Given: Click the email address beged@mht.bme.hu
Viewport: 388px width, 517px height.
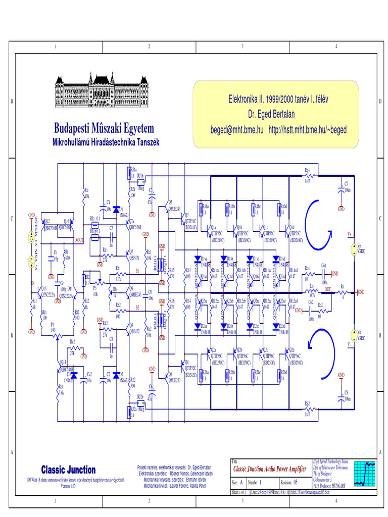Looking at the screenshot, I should [236, 130].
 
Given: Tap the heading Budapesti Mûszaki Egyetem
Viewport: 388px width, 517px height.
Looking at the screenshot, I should [104, 128].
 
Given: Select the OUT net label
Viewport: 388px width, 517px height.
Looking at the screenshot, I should [328, 289].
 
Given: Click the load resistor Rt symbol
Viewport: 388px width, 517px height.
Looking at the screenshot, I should [344, 292].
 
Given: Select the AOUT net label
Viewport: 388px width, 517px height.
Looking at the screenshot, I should [79, 242].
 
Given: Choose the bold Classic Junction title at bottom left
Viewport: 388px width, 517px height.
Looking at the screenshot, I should [68, 470].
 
